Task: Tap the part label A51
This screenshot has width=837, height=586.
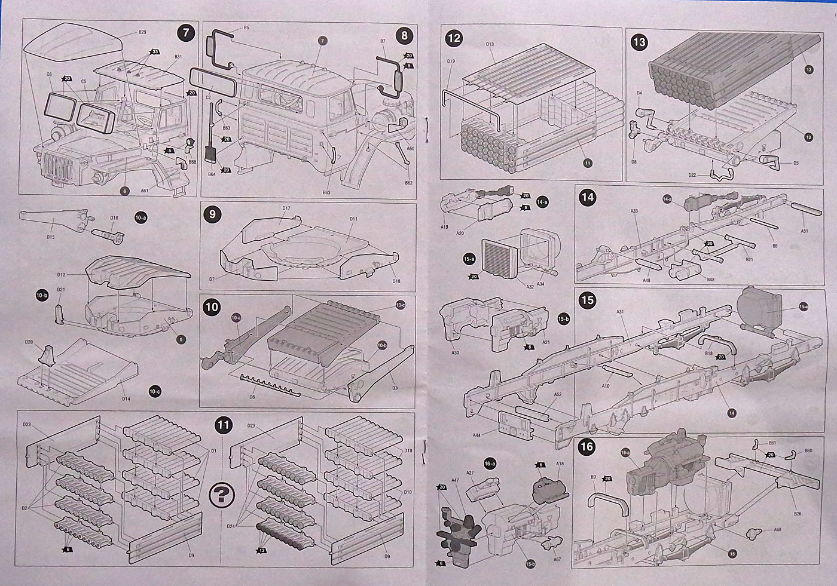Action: [x=805, y=231]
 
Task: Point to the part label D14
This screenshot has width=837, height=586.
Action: [x=126, y=398]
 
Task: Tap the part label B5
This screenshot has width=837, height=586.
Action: [x=246, y=28]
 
